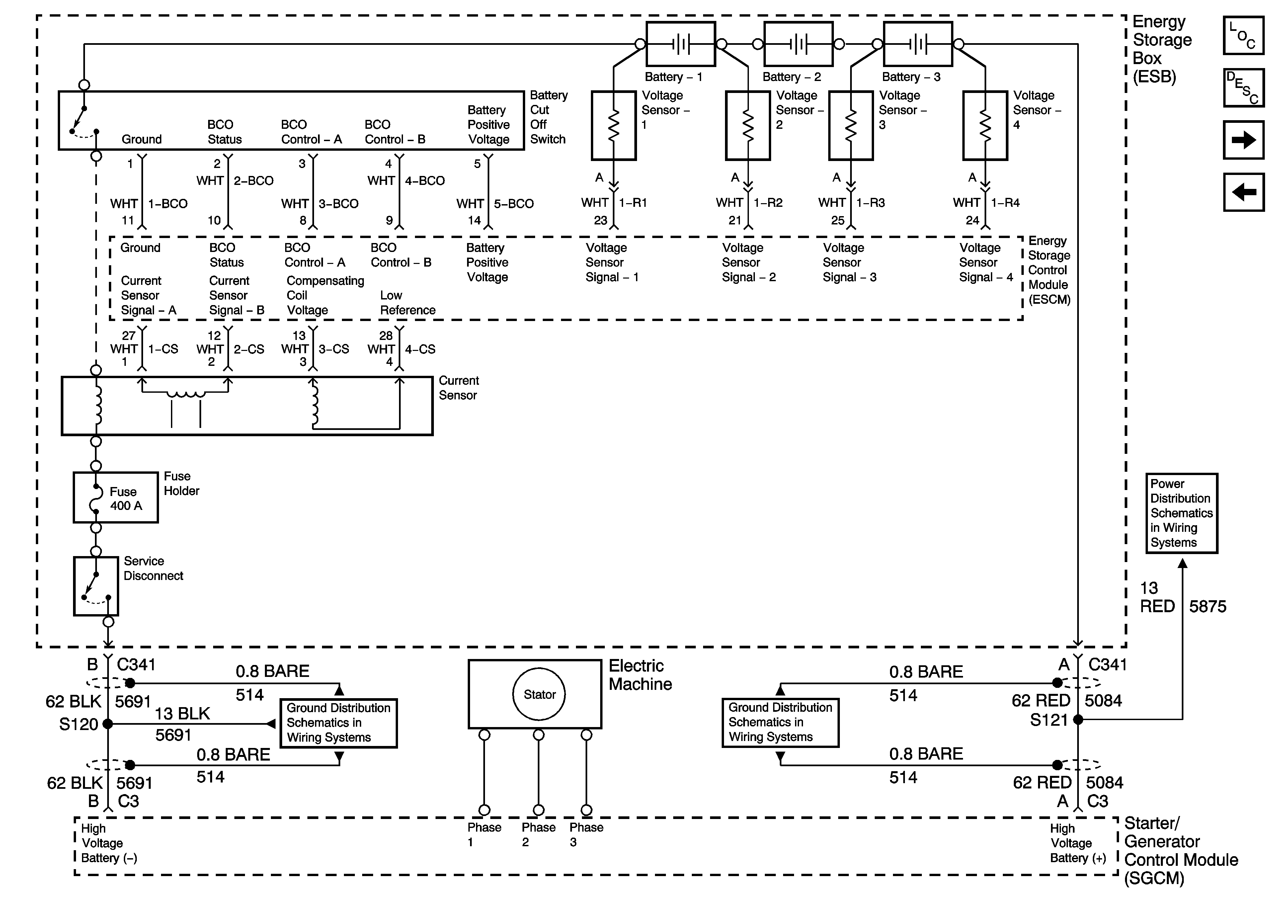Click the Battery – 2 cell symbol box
pos(798,44)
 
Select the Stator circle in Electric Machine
pos(539,694)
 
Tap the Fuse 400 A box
pos(116,498)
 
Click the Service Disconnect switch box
pos(96,586)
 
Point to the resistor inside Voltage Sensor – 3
pos(851,126)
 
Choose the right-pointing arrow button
pos(1244,140)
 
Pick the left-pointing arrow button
pos(1244,192)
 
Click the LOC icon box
pos(1244,35)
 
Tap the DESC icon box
pos(1244,87)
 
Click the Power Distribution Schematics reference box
pos(1182,513)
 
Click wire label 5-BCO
pos(514,204)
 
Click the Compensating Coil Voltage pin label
pos(325,295)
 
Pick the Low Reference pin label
pos(408,302)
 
